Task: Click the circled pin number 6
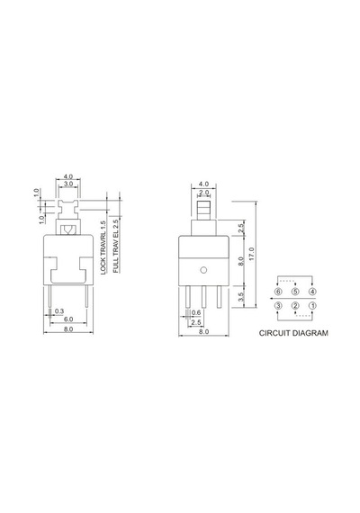point(278,292)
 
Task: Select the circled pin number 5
point(295,292)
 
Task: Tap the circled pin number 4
point(312,292)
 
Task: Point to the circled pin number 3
point(278,306)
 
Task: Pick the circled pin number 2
point(295,306)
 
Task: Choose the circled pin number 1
point(312,306)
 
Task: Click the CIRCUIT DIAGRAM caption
point(293,333)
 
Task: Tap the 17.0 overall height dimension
point(251,254)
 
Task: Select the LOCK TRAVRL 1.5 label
point(103,247)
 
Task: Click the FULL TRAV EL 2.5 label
point(116,246)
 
